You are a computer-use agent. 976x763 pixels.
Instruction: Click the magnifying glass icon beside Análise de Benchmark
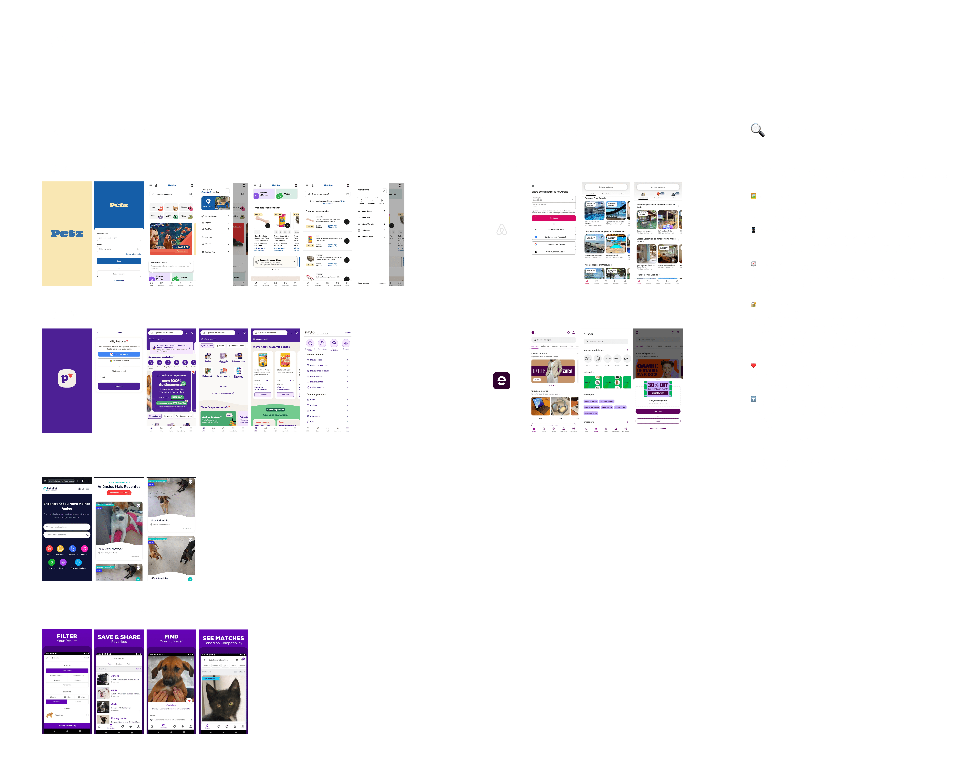click(757, 130)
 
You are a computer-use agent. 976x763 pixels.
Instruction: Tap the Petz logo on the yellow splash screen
click(67, 233)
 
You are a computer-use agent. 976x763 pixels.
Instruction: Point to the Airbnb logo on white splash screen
click(501, 230)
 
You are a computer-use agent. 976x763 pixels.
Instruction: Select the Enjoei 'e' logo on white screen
click(501, 380)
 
